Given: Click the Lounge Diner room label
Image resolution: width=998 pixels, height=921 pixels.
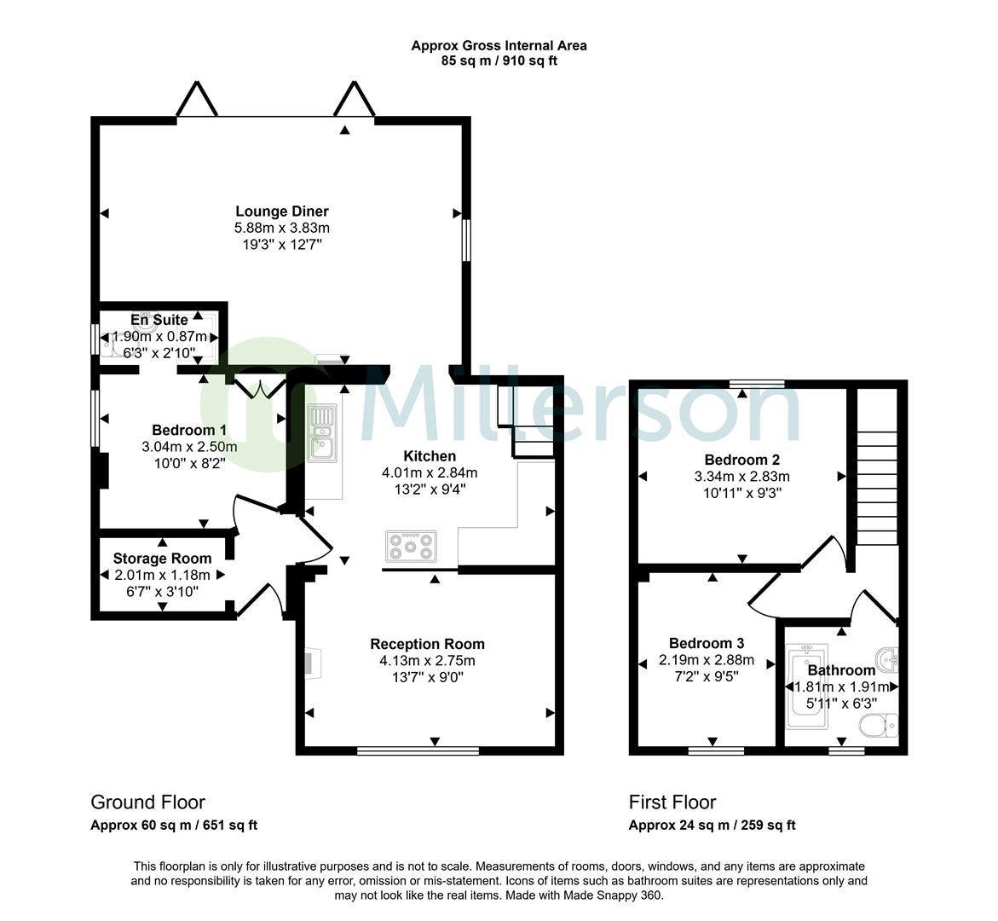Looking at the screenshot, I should point(281,211).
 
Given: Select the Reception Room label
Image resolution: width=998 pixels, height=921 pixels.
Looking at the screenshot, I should point(427,644).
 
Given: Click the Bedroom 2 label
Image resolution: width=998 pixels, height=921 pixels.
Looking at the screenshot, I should point(741,460).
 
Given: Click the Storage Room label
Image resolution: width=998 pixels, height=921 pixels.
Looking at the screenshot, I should point(162,559).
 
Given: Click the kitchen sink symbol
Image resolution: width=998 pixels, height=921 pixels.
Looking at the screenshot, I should point(322,432).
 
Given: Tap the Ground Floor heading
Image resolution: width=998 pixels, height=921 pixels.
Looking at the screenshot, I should point(147,802).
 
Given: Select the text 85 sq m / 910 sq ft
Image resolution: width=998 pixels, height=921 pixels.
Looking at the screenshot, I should point(499,61).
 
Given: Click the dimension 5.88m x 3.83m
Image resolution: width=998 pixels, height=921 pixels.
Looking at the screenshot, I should point(281,228).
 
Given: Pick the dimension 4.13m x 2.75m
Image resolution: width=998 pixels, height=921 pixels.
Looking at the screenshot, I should point(427,661).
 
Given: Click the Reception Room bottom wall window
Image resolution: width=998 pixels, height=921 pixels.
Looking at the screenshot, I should point(418,751).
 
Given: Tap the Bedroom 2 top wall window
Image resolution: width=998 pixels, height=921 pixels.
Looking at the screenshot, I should point(757,383).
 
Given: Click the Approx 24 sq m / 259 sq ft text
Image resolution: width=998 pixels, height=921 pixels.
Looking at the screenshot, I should point(712,825).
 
